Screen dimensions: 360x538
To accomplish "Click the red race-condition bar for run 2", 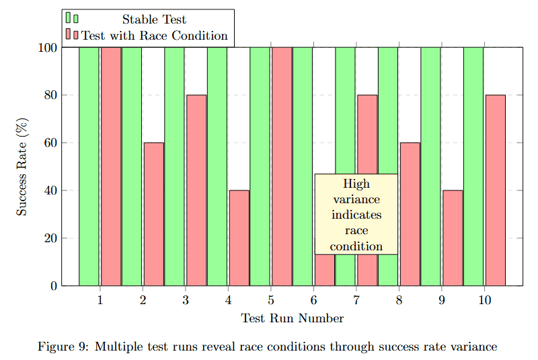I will (x=153, y=214).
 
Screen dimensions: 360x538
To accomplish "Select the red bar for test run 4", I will (x=239, y=238).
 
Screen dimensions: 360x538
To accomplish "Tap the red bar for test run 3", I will (x=196, y=190).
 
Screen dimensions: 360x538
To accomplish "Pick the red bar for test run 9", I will (x=453, y=238).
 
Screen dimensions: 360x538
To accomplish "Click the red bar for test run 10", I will (x=495, y=190).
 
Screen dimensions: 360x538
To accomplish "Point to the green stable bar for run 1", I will (x=89, y=166).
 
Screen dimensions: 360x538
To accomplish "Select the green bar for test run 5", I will (x=260, y=166).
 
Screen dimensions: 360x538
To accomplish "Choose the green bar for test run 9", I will (x=431, y=166).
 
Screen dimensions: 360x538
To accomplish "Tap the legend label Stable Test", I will (x=154, y=20).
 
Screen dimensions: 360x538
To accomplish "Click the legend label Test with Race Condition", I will (x=155, y=36).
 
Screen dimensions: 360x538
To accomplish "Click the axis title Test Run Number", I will (x=293, y=318).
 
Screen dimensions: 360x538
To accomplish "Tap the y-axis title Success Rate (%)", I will (x=22, y=167).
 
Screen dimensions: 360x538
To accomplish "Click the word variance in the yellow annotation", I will (x=356, y=200).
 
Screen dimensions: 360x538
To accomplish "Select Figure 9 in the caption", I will (x=63, y=347).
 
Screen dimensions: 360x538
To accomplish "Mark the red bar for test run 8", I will (x=410, y=214).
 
